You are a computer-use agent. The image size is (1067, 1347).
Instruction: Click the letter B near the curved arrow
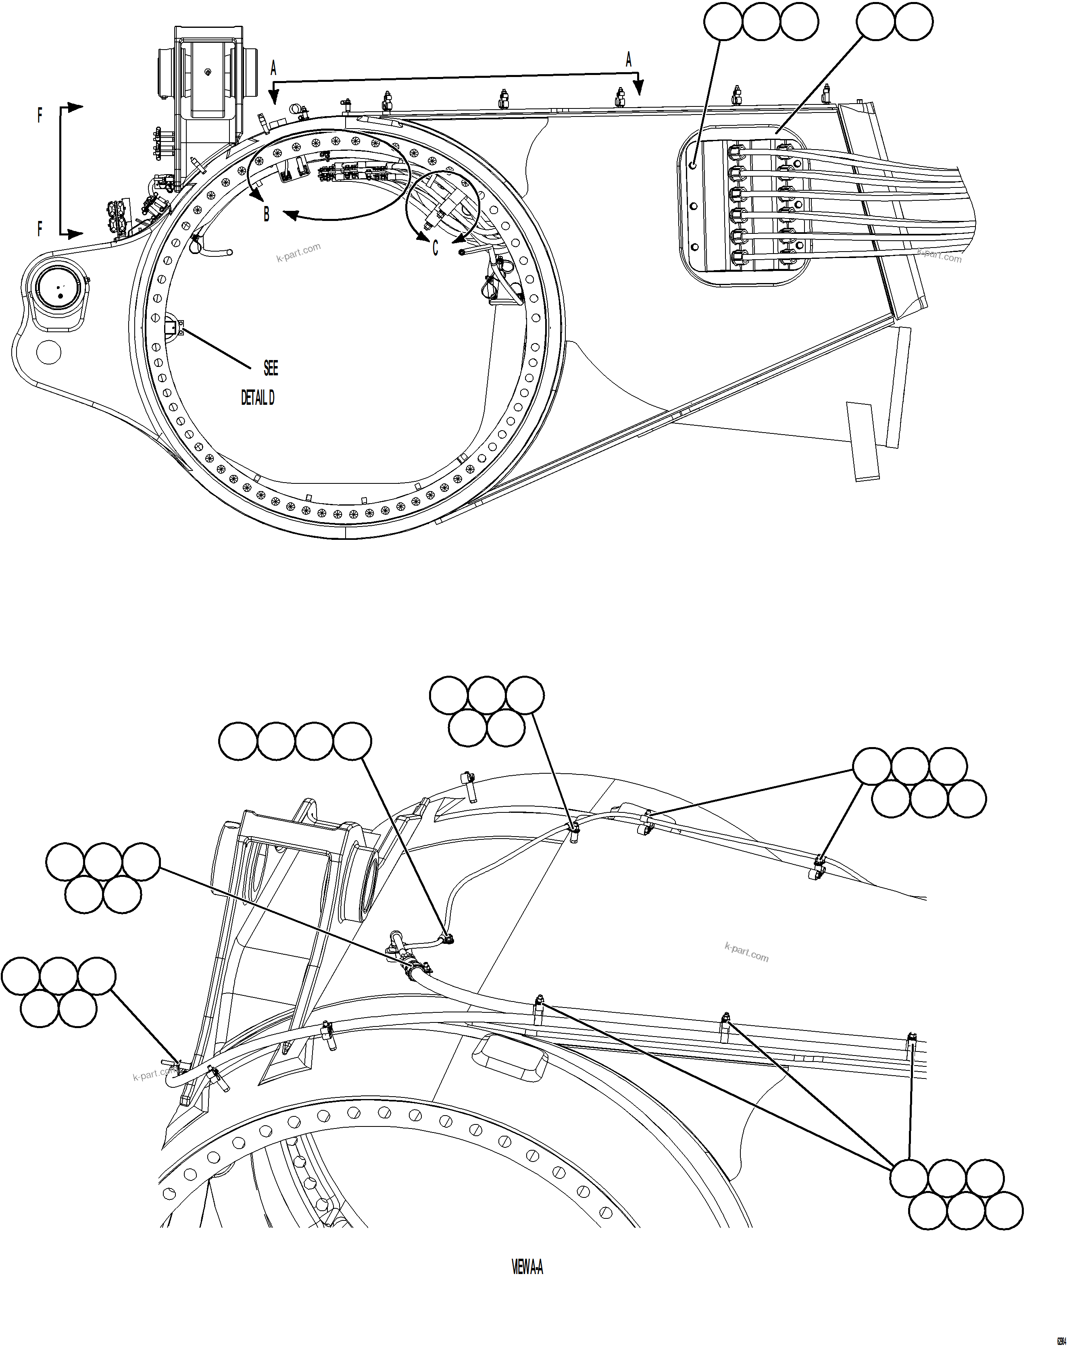click(267, 214)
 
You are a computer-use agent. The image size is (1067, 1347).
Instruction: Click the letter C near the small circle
click(436, 248)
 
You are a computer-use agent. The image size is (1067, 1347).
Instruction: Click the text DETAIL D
click(257, 398)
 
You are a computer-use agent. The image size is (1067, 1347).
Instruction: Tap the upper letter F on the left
click(40, 116)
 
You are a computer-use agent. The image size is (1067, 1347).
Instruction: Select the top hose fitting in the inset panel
click(737, 152)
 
